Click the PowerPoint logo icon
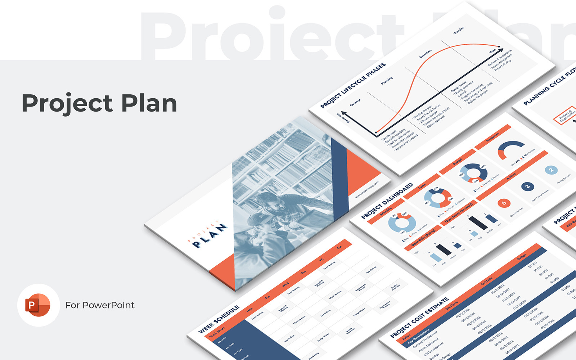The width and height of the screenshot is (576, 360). (x=38, y=305)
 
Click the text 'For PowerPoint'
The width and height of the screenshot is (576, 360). (x=100, y=305)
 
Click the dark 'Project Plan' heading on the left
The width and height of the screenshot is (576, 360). (x=99, y=103)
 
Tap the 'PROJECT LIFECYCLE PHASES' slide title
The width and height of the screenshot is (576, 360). (x=353, y=85)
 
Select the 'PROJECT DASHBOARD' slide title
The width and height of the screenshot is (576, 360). (x=387, y=201)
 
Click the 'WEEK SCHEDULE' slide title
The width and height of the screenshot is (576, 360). (x=219, y=319)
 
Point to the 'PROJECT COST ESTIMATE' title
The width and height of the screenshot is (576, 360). (x=419, y=318)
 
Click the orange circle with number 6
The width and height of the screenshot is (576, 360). (x=504, y=203)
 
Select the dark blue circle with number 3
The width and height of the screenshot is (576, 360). (x=527, y=186)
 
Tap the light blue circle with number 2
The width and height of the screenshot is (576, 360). (x=551, y=170)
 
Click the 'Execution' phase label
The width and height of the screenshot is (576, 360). (x=425, y=54)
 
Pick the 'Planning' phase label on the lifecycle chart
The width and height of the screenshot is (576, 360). (x=387, y=81)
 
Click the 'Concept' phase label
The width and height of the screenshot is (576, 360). (x=355, y=103)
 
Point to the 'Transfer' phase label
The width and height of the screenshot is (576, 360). (x=458, y=31)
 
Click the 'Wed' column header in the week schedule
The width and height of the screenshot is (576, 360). (x=285, y=285)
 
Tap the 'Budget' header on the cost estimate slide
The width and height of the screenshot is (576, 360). (x=521, y=257)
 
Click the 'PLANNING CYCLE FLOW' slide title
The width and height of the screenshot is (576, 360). (x=549, y=88)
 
